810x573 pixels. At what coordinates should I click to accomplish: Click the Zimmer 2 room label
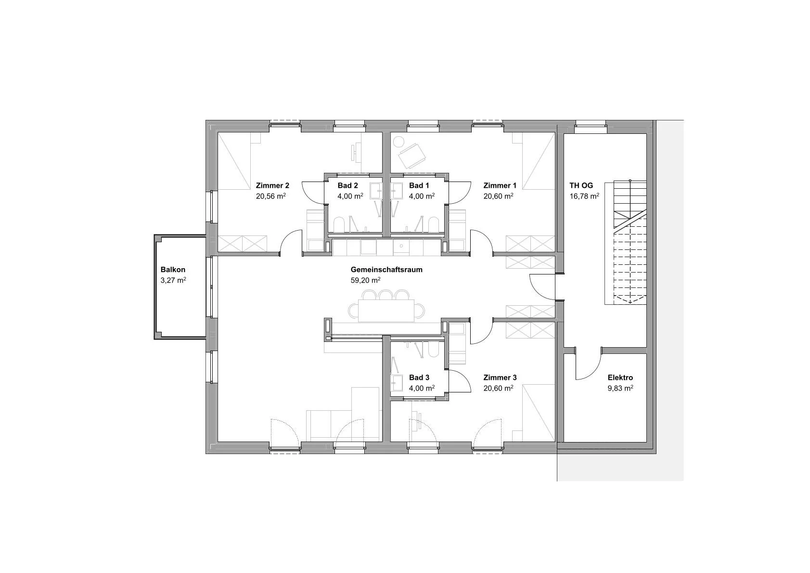tap(272, 185)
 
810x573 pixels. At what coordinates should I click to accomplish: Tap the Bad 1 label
tap(419, 185)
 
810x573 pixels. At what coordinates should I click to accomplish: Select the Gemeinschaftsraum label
tap(386, 270)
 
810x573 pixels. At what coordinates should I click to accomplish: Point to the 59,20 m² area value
tap(365, 280)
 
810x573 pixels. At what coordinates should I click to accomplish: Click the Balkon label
tap(173, 270)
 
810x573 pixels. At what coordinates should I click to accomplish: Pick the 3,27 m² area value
tap(173, 280)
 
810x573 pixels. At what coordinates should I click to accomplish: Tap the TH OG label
tap(581, 185)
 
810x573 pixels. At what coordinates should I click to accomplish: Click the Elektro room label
tap(620, 378)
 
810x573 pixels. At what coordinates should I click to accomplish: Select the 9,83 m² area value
tap(620, 388)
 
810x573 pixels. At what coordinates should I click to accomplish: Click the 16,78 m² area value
tap(584, 196)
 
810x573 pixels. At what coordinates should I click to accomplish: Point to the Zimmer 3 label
tap(500, 378)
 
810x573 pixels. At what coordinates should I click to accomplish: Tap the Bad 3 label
tap(419, 378)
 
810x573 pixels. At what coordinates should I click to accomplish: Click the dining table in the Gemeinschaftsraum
tap(386, 311)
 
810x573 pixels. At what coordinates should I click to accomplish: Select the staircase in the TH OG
tap(630, 242)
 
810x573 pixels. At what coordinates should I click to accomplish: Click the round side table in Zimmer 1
tap(399, 142)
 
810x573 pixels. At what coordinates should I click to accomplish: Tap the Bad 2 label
tap(347, 185)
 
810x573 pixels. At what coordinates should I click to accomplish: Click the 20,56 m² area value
tap(271, 196)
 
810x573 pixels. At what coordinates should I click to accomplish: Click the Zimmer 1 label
tap(500, 185)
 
